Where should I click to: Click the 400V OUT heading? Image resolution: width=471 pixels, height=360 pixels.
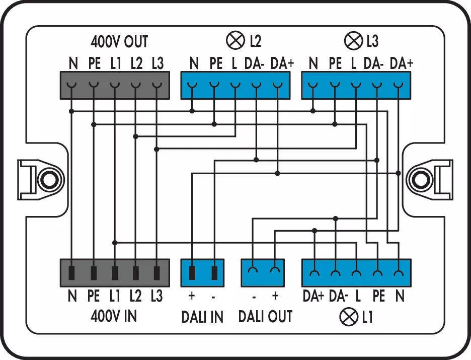pyautogui.click(x=120, y=41)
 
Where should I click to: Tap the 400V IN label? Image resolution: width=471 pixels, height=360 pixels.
pyautogui.click(x=114, y=316)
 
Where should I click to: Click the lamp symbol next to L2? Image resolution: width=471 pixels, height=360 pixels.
pyautogui.click(x=236, y=40)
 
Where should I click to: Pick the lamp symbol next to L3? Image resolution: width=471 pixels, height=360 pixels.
pyautogui.click(x=352, y=40)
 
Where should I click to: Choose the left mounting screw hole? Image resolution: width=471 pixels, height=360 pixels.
pyautogui.click(x=48, y=179)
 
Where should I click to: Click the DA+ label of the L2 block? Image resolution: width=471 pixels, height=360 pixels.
pyautogui.click(x=282, y=63)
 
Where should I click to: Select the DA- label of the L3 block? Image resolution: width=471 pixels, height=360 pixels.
pyautogui.click(x=374, y=63)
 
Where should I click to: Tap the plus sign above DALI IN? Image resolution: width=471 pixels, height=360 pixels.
pyautogui.click(x=191, y=296)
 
